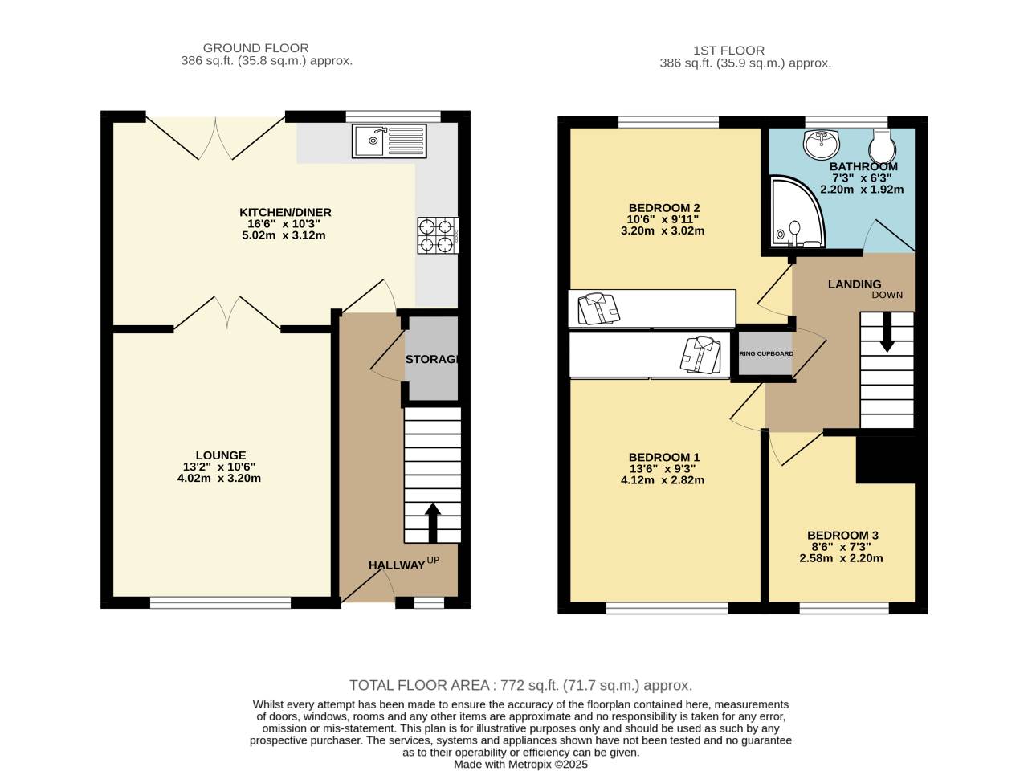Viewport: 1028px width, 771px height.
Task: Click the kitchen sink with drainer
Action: [390, 141]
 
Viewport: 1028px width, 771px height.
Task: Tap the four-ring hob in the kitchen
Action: [438, 235]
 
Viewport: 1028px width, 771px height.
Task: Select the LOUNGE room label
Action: [221, 455]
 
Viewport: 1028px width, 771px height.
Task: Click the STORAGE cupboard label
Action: [431, 360]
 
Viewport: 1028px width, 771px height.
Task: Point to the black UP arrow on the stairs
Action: [432, 523]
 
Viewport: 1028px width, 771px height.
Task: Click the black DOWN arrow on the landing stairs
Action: [887, 332]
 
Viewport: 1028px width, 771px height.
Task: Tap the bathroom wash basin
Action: [822, 145]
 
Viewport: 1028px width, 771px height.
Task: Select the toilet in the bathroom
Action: [882, 145]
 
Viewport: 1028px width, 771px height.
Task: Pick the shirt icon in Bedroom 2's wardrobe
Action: [599, 308]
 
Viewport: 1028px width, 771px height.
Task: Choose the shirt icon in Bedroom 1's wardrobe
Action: [700, 354]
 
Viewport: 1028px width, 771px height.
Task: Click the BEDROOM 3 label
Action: [842, 535]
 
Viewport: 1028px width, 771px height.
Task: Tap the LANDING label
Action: [855, 284]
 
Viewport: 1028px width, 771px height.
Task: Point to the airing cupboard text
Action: [766, 354]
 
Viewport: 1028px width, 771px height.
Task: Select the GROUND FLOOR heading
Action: [255, 48]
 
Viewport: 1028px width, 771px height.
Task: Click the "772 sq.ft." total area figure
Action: [529, 685]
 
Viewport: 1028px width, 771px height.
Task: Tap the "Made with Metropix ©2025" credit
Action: [520, 765]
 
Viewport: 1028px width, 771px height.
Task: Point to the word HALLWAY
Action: [397, 565]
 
